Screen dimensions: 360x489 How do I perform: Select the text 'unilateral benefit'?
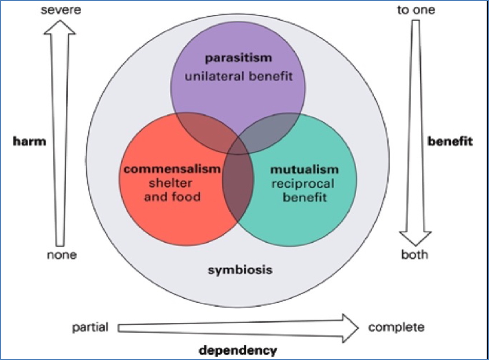(238, 76)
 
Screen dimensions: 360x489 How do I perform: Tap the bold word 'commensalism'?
(172, 169)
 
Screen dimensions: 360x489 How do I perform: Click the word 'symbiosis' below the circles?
(240, 270)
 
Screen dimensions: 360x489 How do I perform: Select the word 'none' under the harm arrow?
(61, 255)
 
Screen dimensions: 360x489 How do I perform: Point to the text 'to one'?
(416, 10)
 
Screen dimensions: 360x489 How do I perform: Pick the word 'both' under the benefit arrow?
(414, 255)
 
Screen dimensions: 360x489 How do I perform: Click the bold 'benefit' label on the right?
(450, 142)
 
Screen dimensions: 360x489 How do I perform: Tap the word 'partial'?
(90, 328)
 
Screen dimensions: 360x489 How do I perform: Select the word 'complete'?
(397, 328)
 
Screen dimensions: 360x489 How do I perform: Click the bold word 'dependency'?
(238, 350)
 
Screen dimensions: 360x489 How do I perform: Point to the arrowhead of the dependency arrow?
(350, 328)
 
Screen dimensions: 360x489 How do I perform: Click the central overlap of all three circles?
(238, 182)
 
